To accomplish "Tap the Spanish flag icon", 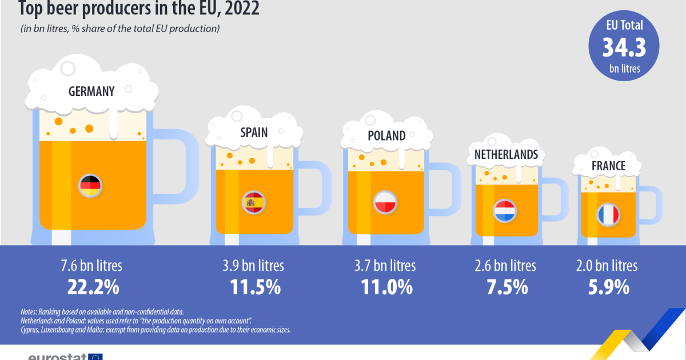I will pos(254,202).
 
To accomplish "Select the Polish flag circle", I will pos(385,203).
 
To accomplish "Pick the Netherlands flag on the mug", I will pos(505,210).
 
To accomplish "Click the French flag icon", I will pos(608,214).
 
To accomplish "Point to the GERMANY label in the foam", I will pos(91,91).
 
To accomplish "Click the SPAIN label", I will pos(254,133).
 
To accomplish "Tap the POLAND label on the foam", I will pos(386,135).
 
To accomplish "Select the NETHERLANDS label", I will pos(506,154).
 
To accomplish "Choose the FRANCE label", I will pos(608,166).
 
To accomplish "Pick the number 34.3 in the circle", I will pos(624,47).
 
